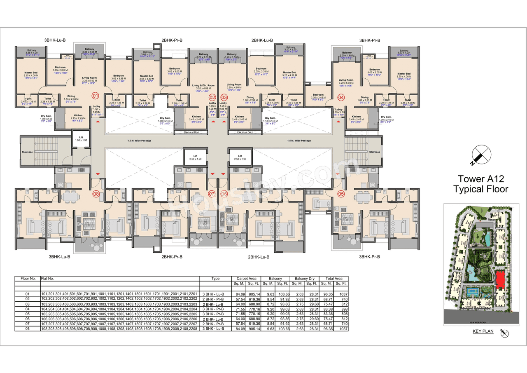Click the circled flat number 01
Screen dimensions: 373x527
96,96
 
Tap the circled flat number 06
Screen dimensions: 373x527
224,193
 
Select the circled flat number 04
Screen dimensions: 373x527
341,98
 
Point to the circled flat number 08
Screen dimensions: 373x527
96,193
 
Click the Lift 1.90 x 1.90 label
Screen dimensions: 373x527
81,138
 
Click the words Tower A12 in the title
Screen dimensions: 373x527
480,178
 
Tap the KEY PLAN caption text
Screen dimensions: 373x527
483,331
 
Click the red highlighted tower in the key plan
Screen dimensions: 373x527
500,280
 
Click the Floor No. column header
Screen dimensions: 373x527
28,279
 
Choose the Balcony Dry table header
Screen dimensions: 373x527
304,279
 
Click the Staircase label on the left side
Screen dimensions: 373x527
27,152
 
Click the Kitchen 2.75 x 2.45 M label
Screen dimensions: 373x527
78,117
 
